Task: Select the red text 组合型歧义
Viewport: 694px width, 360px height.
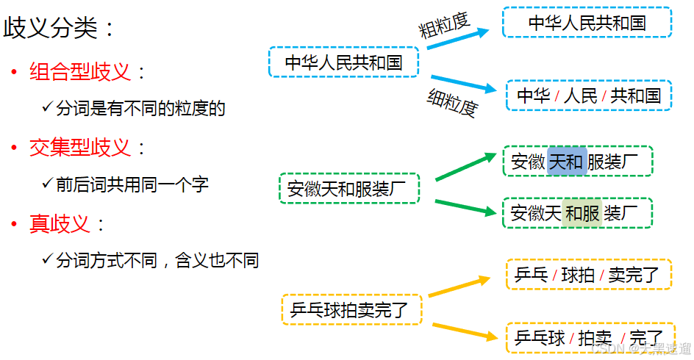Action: click(80, 71)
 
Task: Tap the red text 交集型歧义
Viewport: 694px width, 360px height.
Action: click(80, 148)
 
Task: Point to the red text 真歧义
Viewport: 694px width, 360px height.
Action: click(60, 224)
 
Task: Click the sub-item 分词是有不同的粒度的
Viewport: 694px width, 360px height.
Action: click(140, 109)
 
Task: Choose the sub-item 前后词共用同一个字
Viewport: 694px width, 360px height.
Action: click(132, 184)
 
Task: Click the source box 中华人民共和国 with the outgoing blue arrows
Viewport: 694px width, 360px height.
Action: click(344, 62)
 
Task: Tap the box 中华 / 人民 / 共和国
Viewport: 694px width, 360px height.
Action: click(589, 96)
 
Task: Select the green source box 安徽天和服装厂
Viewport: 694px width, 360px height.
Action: click(348, 189)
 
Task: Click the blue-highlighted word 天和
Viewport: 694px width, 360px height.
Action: click(567, 162)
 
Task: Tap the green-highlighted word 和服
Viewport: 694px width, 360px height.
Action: click(582, 213)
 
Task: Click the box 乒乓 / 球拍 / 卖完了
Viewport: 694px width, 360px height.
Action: click(587, 275)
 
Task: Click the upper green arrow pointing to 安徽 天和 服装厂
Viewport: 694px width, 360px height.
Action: click(466, 167)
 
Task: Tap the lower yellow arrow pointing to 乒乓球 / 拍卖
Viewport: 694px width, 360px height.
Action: click(464, 331)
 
